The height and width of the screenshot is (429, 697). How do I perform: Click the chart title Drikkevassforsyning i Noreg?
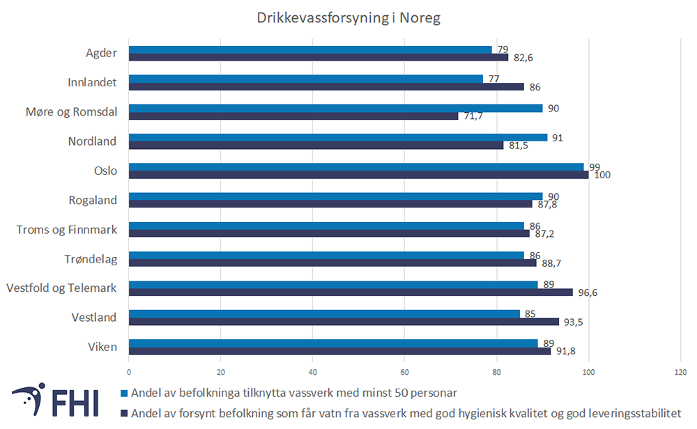click(x=348, y=18)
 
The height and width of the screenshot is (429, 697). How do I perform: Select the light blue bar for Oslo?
click(x=356, y=167)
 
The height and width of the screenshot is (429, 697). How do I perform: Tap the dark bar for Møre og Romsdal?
click(x=293, y=116)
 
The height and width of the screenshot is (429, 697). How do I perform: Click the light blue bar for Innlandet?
click(x=306, y=79)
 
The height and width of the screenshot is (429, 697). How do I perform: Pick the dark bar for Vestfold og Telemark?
click(x=351, y=292)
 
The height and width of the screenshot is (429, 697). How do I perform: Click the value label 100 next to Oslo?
click(x=602, y=175)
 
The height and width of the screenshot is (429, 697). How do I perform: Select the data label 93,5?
click(x=573, y=322)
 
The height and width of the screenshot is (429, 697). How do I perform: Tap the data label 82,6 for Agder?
click(x=523, y=58)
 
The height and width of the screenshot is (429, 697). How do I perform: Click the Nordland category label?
click(x=92, y=141)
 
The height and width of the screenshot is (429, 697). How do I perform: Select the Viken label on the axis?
click(x=102, y=347)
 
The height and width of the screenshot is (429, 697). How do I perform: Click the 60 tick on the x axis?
click(x=405, y=371)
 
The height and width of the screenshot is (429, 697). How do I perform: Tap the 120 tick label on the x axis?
click(x=681, y=371)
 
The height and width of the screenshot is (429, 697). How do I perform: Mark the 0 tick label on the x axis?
click(x=129, y=371)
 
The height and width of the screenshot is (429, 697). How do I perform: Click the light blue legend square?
click(x=125, y=393)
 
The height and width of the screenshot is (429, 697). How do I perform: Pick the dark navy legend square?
click(x=125, y=413)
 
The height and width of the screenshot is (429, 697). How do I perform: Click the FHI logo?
click(x=54, y=402)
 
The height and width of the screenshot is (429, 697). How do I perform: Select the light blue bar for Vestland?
click(x=324, y=313)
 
